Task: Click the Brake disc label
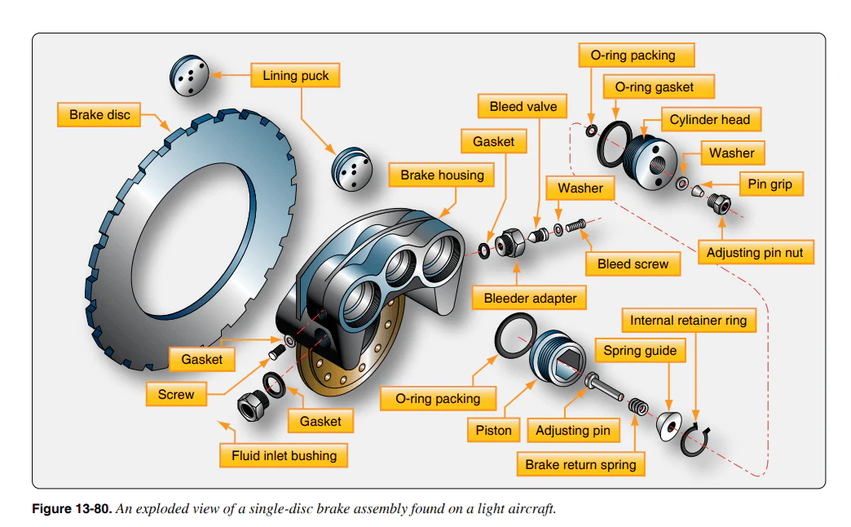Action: [x=99, y=114]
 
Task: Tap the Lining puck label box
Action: [x=295, y=76]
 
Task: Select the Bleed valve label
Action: [x=523, y=107]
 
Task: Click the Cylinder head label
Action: [x=709, y=120]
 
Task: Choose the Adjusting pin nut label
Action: [x=755, y=253]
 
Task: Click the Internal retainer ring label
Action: [x=688, y=321]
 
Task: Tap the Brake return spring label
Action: [x=580, y=464]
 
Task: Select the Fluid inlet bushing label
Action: [x=284, y=455]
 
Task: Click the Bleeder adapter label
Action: [x=530, y=299]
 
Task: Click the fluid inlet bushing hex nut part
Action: [x=252, y=402]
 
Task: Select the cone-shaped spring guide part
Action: [x=670, y=427]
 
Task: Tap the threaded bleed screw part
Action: [x=575, y=224]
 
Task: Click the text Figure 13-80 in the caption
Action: [x=72, y=509]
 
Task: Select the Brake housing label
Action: [x=442, y=175]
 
